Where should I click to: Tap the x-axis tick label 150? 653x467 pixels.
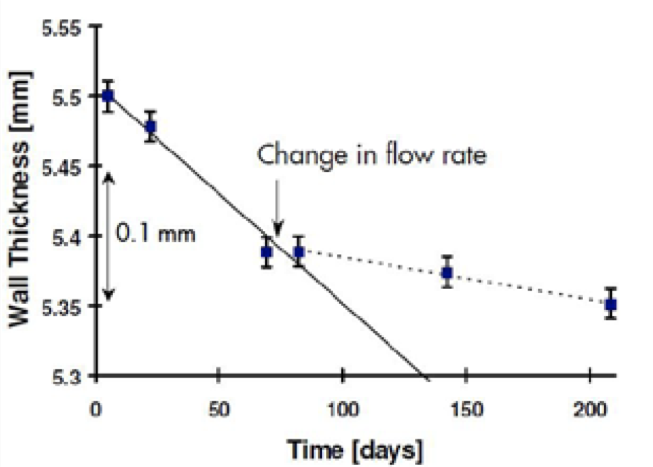coord(465,410)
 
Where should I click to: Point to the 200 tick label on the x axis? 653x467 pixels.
coord(589,410)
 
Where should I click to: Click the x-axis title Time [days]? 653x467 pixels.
coord(355,450)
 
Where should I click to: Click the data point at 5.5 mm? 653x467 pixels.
coord(107,96)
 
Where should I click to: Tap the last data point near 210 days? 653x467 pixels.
coord(611,304)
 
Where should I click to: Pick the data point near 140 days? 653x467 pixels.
coord(447,273)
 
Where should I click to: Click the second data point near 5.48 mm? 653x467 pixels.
coord(150,126)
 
